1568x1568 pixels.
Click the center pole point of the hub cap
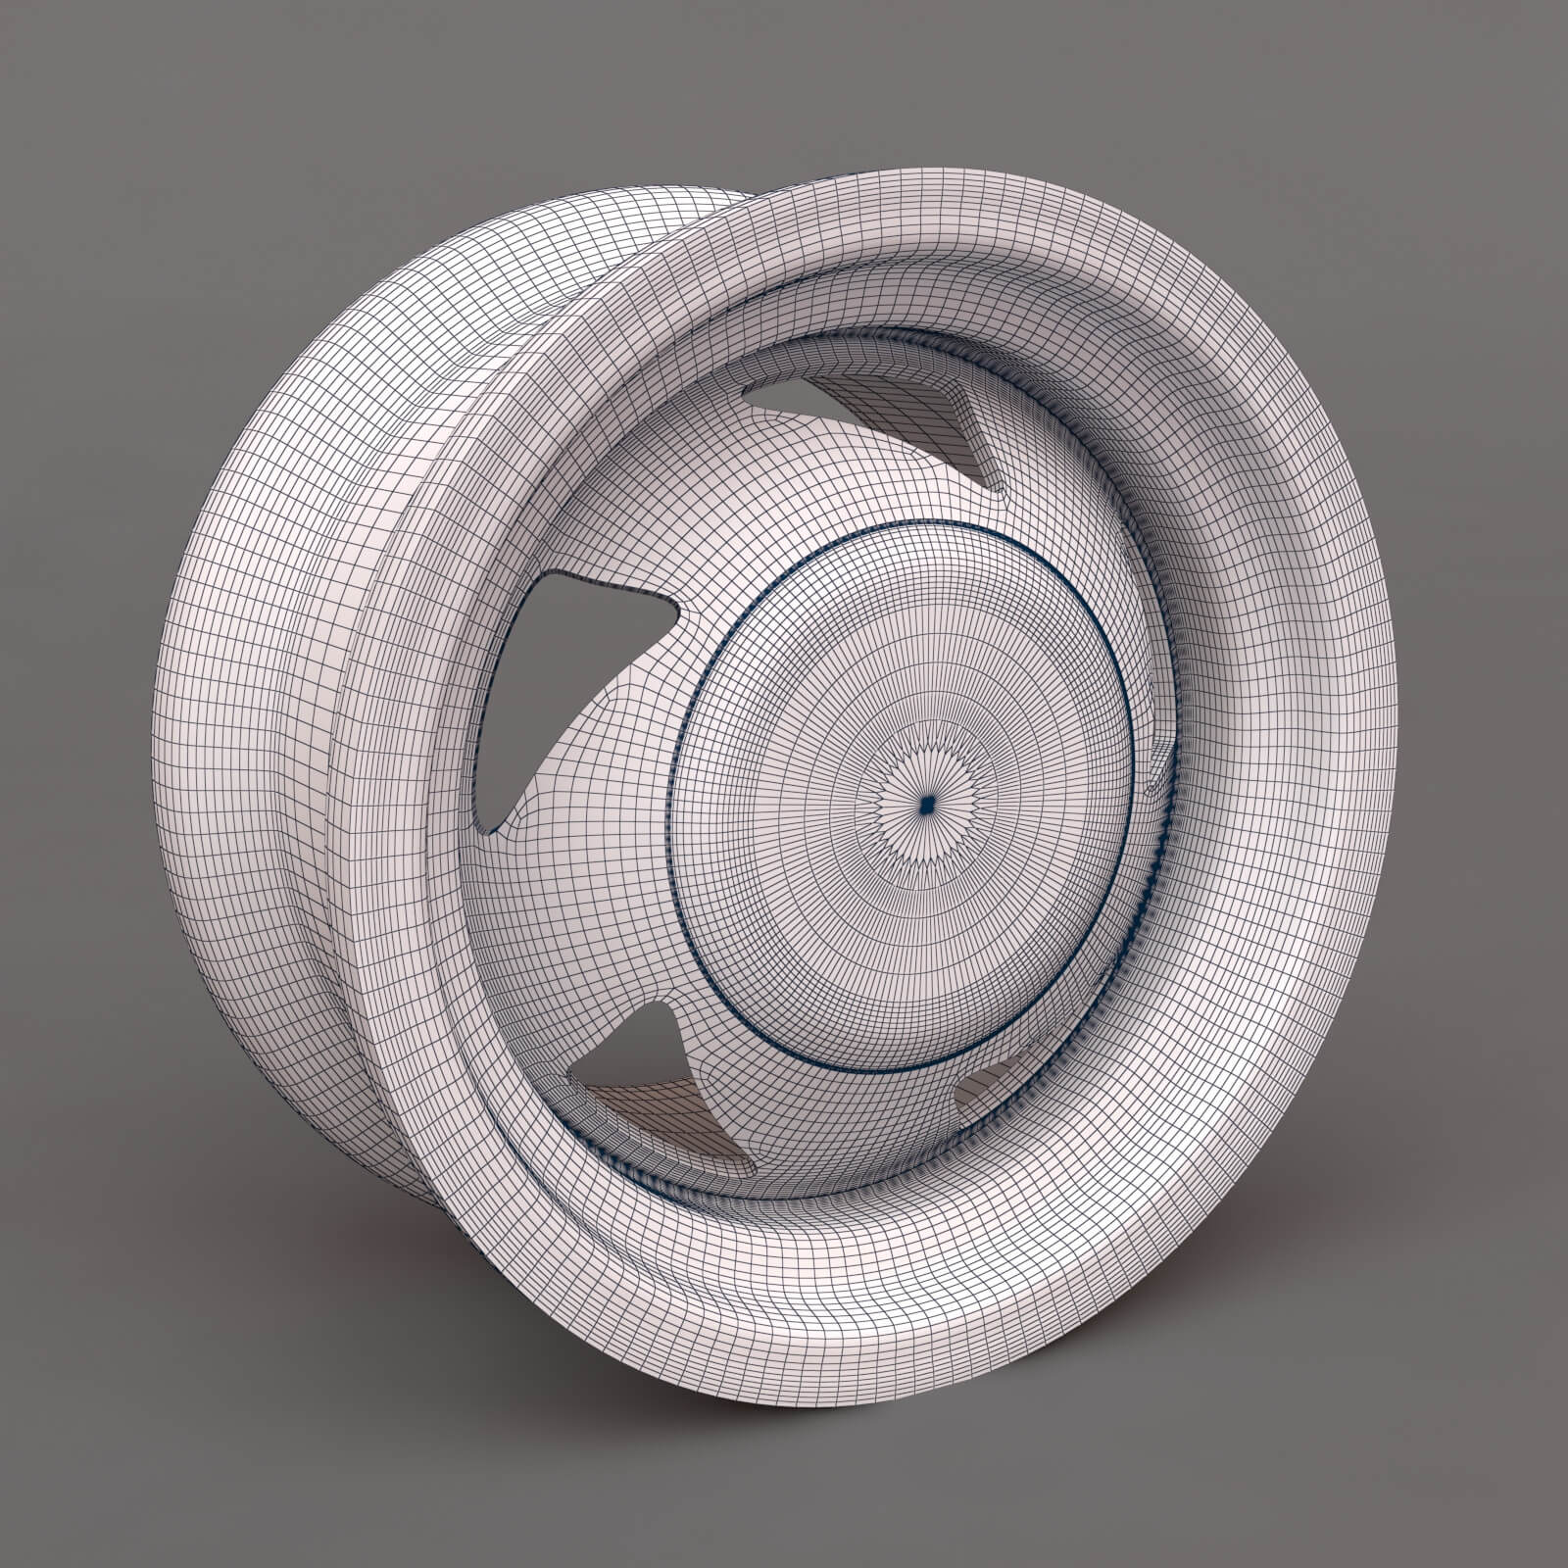(x=926, y=805)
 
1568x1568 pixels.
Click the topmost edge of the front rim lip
(x=980, y=171)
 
